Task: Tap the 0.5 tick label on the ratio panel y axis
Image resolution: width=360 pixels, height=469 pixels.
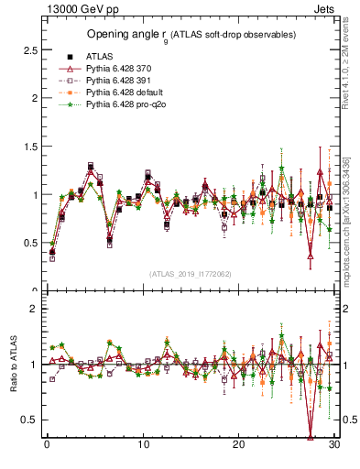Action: pyautogui.click(x=29, y=420)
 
